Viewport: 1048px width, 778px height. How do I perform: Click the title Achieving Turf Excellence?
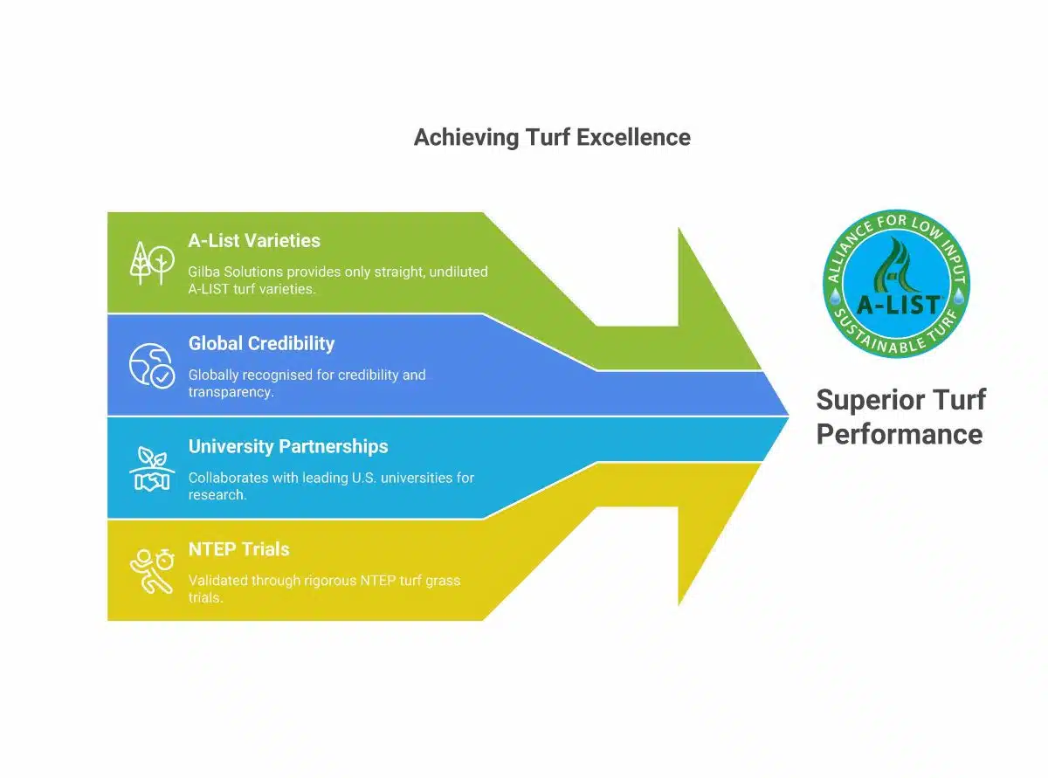[x=551, y=137]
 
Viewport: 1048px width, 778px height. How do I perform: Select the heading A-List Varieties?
[x=254, y=240]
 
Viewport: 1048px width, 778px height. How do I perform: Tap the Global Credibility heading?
[x=261, y=343]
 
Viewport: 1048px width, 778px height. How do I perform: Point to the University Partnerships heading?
[x=288, y=446]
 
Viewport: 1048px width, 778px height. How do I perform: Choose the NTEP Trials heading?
[x=238, y=549]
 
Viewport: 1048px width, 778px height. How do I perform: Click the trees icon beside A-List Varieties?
[x=151, y=263]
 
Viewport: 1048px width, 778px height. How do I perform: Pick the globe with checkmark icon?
[x=151, y=365]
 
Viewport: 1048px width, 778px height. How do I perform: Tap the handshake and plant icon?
[x=151, y=469]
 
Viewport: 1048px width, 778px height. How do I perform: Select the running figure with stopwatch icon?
[x=151, y=570]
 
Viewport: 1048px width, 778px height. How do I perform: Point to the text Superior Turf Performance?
[x=900, y=417]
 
